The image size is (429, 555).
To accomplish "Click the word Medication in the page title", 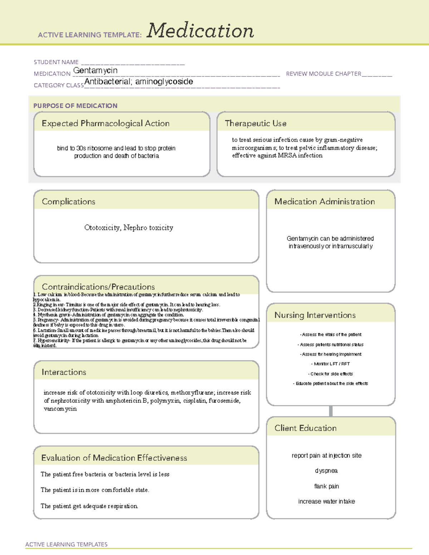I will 200,31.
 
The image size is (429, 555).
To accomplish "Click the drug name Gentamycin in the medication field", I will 95,71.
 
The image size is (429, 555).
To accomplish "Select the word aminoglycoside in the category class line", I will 164,82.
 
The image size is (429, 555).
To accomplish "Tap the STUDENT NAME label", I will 56,62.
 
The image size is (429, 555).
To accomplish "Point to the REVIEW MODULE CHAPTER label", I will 324,74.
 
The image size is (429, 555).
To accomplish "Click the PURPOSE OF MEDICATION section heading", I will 75,106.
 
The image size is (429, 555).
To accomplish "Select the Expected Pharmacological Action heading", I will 105,123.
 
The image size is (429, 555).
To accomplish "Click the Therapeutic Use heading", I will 255,123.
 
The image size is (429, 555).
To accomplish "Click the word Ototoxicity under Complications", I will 102,228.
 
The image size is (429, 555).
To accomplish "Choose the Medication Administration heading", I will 324,202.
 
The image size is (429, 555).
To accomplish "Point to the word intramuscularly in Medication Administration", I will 352,246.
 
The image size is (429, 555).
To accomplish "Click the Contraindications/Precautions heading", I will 98,287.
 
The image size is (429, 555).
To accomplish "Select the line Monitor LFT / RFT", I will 331,364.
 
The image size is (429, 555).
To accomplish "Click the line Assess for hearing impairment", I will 331,354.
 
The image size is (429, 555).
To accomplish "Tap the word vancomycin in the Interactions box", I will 60,409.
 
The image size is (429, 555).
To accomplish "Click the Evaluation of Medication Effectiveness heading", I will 114,458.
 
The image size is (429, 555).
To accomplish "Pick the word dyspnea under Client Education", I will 326,471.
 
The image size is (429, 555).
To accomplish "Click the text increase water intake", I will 326,501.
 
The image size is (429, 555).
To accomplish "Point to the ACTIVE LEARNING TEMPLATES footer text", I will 66,544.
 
